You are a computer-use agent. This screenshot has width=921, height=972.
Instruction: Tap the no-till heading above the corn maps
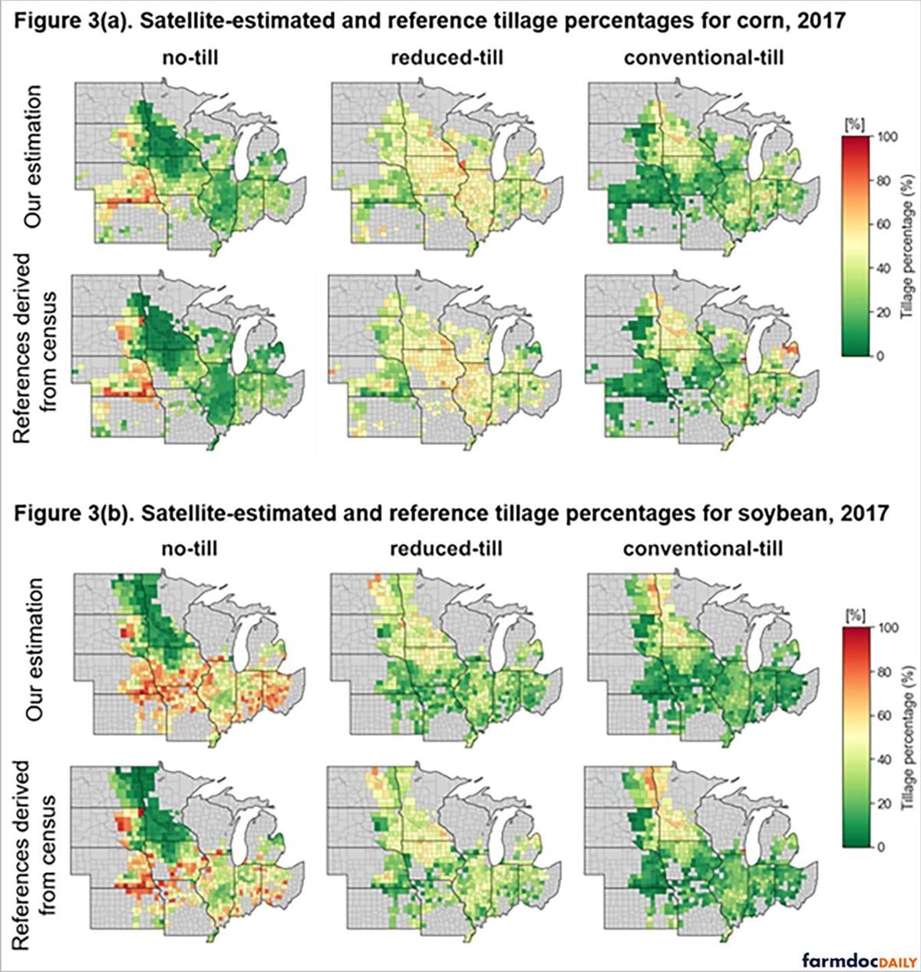coord(190,58)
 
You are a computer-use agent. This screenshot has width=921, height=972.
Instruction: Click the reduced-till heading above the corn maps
coord(447,58)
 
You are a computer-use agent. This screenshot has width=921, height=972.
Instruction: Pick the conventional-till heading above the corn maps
coord(704,58)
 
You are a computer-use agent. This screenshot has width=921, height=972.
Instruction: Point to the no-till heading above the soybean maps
coord(190,549)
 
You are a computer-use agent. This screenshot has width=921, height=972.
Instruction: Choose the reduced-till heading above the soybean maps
coord(447,549)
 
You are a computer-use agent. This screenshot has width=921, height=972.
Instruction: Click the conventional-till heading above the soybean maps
coord(703,549)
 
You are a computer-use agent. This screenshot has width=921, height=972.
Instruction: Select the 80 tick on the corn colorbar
coord(885,180)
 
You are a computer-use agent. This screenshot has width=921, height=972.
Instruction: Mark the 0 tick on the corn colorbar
coord(881,356)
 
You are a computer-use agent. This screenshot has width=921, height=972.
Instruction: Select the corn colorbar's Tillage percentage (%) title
coord(909,246)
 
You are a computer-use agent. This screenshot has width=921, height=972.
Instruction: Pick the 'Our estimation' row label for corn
coord(35,157)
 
